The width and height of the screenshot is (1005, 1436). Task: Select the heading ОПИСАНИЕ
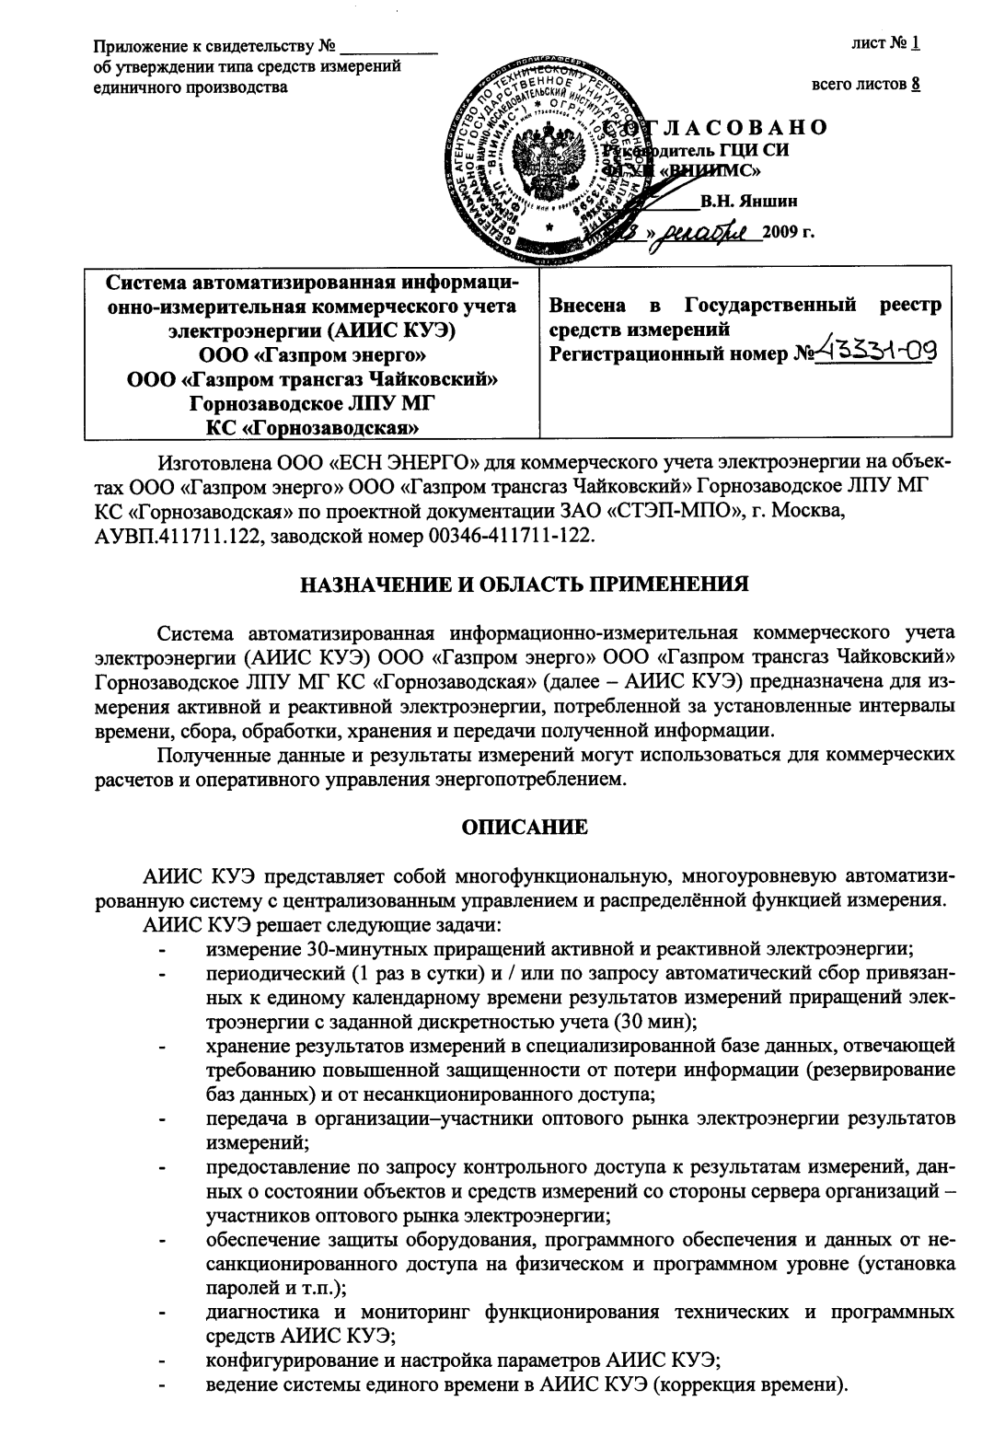[524, 828]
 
